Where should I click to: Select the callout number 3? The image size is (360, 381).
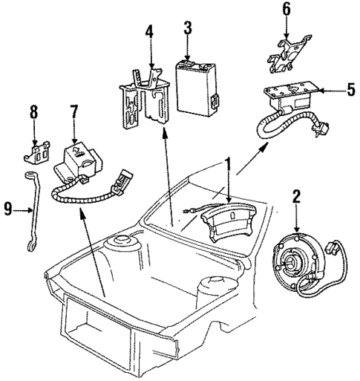(x=188, y=29)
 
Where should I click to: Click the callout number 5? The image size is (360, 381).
(x=350, y=91)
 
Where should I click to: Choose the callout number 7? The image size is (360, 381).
(x=73, y=114)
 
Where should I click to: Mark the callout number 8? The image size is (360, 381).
(x=33, y=114)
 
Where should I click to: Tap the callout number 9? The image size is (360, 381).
(x=9, y=210)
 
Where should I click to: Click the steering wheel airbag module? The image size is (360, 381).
(x=224, y=223)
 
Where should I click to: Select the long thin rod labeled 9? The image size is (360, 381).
(x=30, y=212)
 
